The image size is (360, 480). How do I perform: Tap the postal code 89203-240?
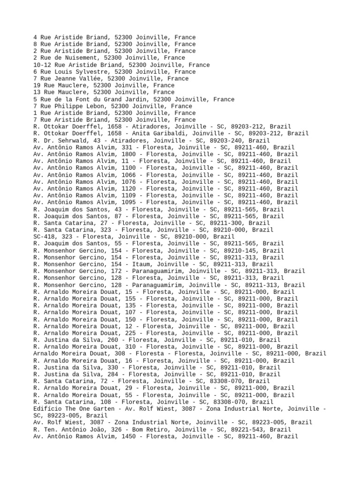229,141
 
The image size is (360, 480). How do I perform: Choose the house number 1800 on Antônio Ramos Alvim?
129,154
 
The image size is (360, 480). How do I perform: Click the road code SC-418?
44,237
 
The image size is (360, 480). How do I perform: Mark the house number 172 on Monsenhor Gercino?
127,271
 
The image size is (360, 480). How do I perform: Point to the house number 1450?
129,436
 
